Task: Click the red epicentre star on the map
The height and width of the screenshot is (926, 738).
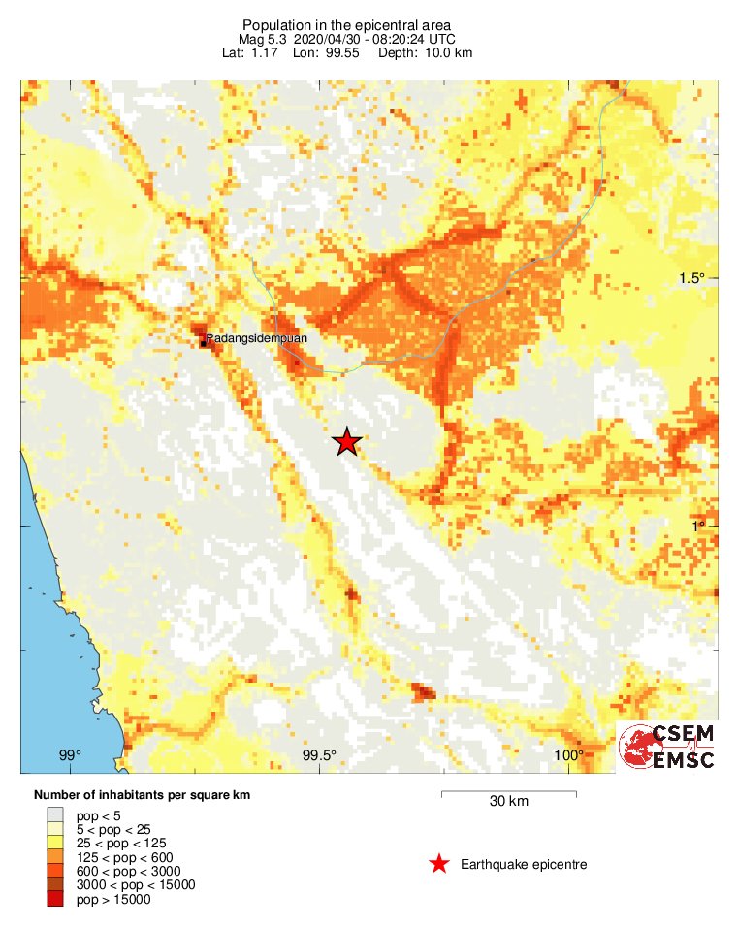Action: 347,442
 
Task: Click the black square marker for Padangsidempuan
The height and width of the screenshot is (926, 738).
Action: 203,342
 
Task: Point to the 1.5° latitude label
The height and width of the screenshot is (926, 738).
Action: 692,278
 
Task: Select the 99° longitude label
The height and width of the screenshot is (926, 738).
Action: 70,756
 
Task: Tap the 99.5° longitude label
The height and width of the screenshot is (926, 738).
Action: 319,756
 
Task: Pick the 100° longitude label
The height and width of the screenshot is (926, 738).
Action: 568,756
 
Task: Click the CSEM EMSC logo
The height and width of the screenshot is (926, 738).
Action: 667,748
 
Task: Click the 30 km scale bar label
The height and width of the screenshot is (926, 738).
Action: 509,802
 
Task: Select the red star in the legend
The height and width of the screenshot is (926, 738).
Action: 439,864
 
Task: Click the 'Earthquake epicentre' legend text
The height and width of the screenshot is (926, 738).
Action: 524,864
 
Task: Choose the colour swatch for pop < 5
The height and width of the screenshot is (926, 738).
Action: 55,815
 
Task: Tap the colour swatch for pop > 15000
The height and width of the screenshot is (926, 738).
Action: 55,899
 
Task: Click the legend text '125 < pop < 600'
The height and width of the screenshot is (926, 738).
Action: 123,856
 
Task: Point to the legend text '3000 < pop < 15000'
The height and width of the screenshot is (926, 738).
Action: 136,884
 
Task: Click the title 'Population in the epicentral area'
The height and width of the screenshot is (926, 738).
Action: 346,24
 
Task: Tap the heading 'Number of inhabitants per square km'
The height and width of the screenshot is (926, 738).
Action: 142,795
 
